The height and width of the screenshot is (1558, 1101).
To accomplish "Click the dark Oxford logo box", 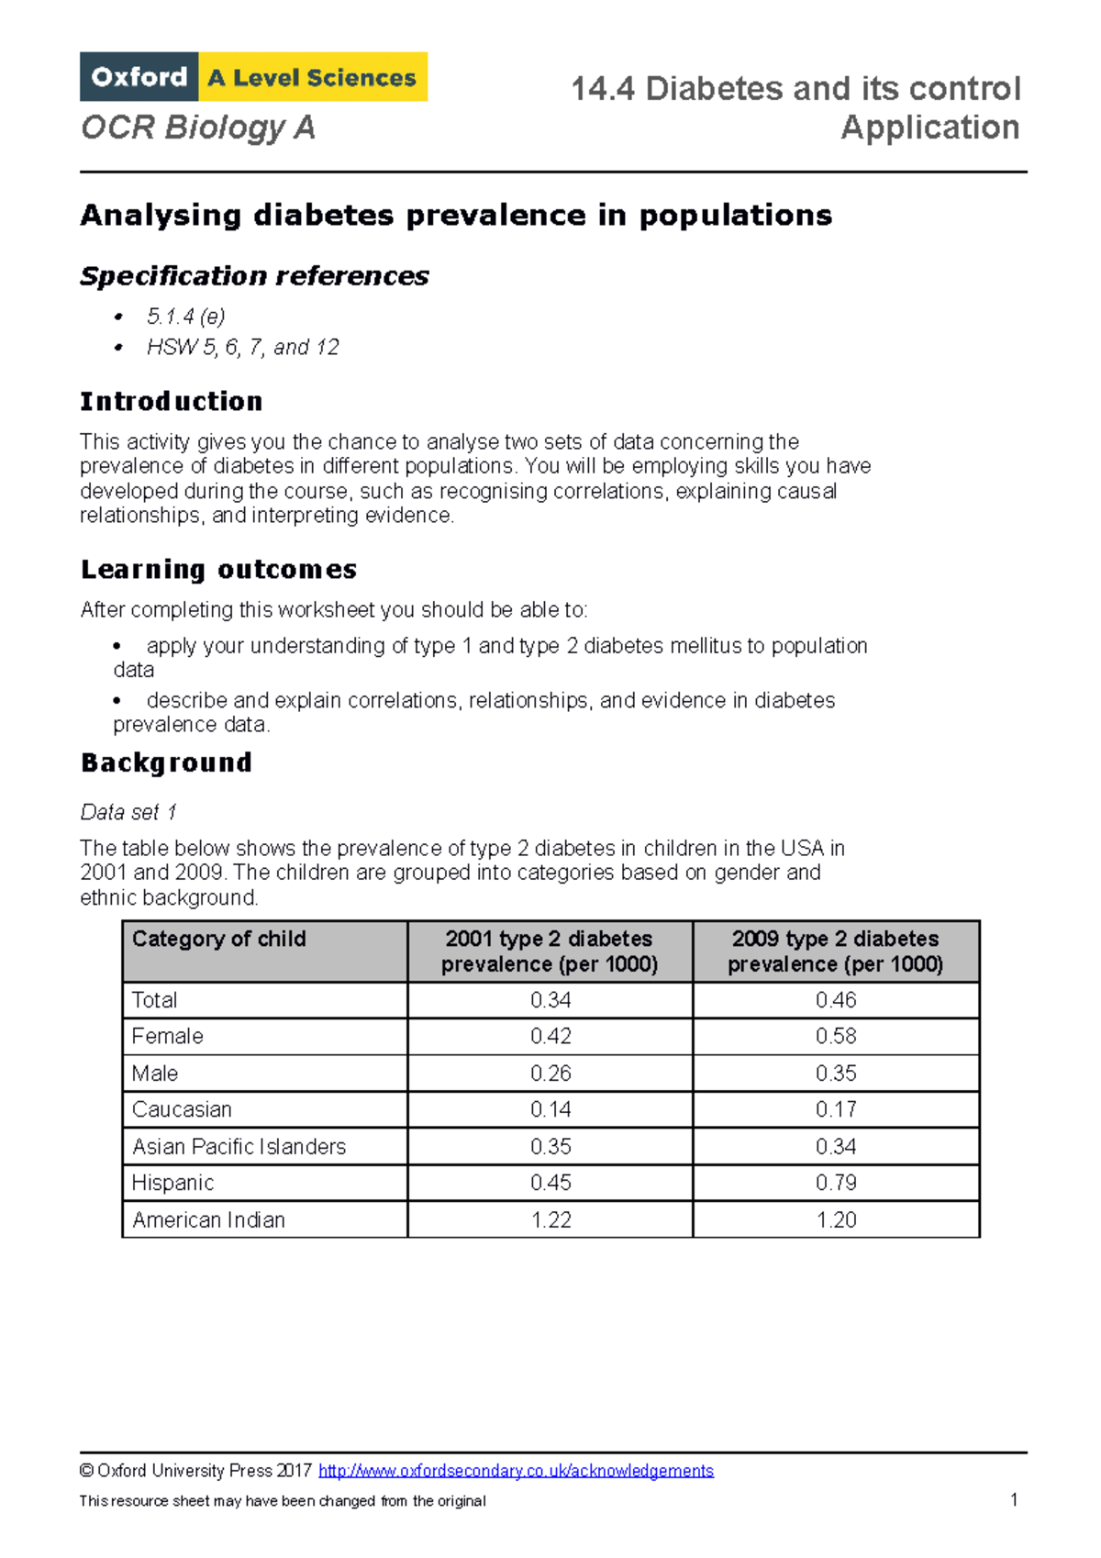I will pos(139,77).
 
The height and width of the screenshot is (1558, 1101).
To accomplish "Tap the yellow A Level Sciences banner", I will pos(313,77).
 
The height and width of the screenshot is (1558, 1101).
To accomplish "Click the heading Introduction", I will pos(172,401).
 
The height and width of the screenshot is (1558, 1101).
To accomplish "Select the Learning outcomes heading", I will pos(218,569).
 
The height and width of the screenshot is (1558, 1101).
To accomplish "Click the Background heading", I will pos(166,762).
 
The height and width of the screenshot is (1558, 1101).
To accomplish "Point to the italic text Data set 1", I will pos(128,812).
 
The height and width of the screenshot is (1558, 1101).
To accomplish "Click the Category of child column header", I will pos(219,939).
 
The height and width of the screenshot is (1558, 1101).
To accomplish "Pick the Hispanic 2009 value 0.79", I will pos(836,1183).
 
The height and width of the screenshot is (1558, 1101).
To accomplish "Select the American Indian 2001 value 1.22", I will pos(550,1219).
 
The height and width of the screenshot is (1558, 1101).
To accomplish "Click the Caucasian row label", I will pos(182,1109).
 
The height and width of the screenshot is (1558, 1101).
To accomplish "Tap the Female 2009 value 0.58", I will pos(836,1036).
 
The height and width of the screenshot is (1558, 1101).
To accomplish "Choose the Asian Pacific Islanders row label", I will pos(239,1146).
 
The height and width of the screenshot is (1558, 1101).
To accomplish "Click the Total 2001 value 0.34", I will pos(550,1000).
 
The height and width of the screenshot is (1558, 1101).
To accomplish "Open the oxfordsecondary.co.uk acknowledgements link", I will pos(516,1470).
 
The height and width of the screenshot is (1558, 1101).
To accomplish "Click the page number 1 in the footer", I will pos(1014,1500).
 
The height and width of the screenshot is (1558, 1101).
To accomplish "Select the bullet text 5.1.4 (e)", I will pos(185,317).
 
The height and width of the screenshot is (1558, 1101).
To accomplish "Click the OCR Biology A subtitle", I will pos(198,128).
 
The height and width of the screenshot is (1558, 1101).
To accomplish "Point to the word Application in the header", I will pos(929,128).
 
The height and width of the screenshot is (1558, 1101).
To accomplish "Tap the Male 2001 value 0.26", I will pos(550,1073).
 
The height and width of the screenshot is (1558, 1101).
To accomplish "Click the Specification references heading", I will pos(254,275).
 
